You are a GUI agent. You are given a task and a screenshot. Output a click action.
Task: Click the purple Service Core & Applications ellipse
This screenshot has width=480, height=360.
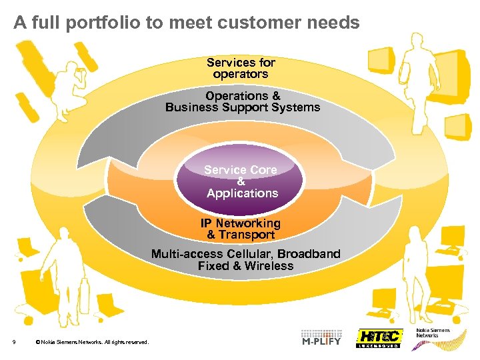tap(240, 181)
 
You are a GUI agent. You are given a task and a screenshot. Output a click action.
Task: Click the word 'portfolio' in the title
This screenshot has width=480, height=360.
tap(108, 23)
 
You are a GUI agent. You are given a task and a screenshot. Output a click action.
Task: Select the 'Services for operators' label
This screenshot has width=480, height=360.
tap(241, 68)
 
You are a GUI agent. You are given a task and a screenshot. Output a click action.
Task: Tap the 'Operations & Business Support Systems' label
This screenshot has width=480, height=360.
tap(243, 101)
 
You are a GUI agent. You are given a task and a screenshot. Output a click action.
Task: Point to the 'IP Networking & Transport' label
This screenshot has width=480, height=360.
tap(241, 229)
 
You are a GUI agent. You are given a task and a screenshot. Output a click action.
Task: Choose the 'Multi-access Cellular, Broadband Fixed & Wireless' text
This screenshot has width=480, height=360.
tap(245, 259)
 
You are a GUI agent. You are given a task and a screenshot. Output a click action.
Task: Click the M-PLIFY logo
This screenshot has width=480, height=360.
tap(323, 337)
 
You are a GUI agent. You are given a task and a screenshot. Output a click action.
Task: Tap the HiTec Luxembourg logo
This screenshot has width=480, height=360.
tap(379, 337)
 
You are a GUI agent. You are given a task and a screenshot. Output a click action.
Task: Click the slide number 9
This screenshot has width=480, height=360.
tap(14, 343)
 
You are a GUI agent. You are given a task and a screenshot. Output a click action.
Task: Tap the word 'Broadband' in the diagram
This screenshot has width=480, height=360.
tap(309, 254)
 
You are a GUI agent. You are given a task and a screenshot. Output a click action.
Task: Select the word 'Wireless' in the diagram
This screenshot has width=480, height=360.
tap(268, 265)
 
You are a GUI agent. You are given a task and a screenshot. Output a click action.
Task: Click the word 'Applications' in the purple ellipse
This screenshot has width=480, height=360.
tap(242, 193)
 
